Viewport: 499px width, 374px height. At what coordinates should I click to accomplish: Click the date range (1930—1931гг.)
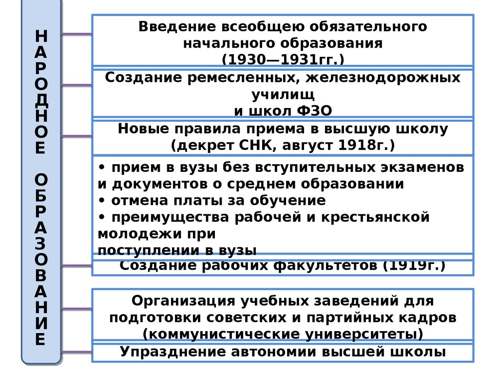(283, 59)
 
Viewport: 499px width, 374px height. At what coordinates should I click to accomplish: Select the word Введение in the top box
(171, 26)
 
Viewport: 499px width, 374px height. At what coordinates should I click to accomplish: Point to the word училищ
(283, 94)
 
